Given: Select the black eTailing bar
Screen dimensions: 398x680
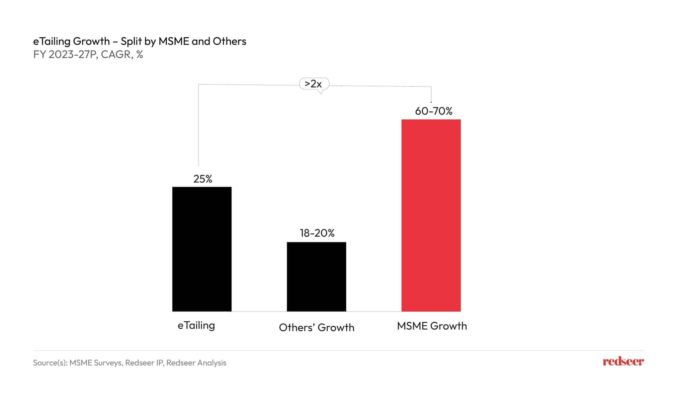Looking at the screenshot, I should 202,249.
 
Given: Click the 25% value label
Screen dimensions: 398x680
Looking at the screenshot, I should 203,179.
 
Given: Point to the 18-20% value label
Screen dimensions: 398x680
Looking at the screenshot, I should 317,233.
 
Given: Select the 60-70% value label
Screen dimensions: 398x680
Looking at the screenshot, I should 433,111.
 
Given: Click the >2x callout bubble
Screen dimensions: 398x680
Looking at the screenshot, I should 314,84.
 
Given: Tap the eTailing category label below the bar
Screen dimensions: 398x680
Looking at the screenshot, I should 196,325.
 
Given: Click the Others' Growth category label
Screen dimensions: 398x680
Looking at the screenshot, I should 316,327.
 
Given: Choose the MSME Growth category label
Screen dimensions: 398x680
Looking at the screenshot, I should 432,326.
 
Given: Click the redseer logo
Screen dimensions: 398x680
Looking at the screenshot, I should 623,362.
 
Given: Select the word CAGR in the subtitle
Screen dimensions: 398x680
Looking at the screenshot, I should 116,54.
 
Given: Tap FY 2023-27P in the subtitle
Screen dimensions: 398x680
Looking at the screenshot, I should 65,54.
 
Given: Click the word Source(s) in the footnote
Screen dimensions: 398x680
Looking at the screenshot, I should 50,363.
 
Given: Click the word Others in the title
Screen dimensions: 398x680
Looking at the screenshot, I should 229,41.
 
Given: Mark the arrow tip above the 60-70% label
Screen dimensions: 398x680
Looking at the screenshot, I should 431,102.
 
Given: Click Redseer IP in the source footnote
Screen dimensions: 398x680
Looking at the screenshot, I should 144,363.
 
